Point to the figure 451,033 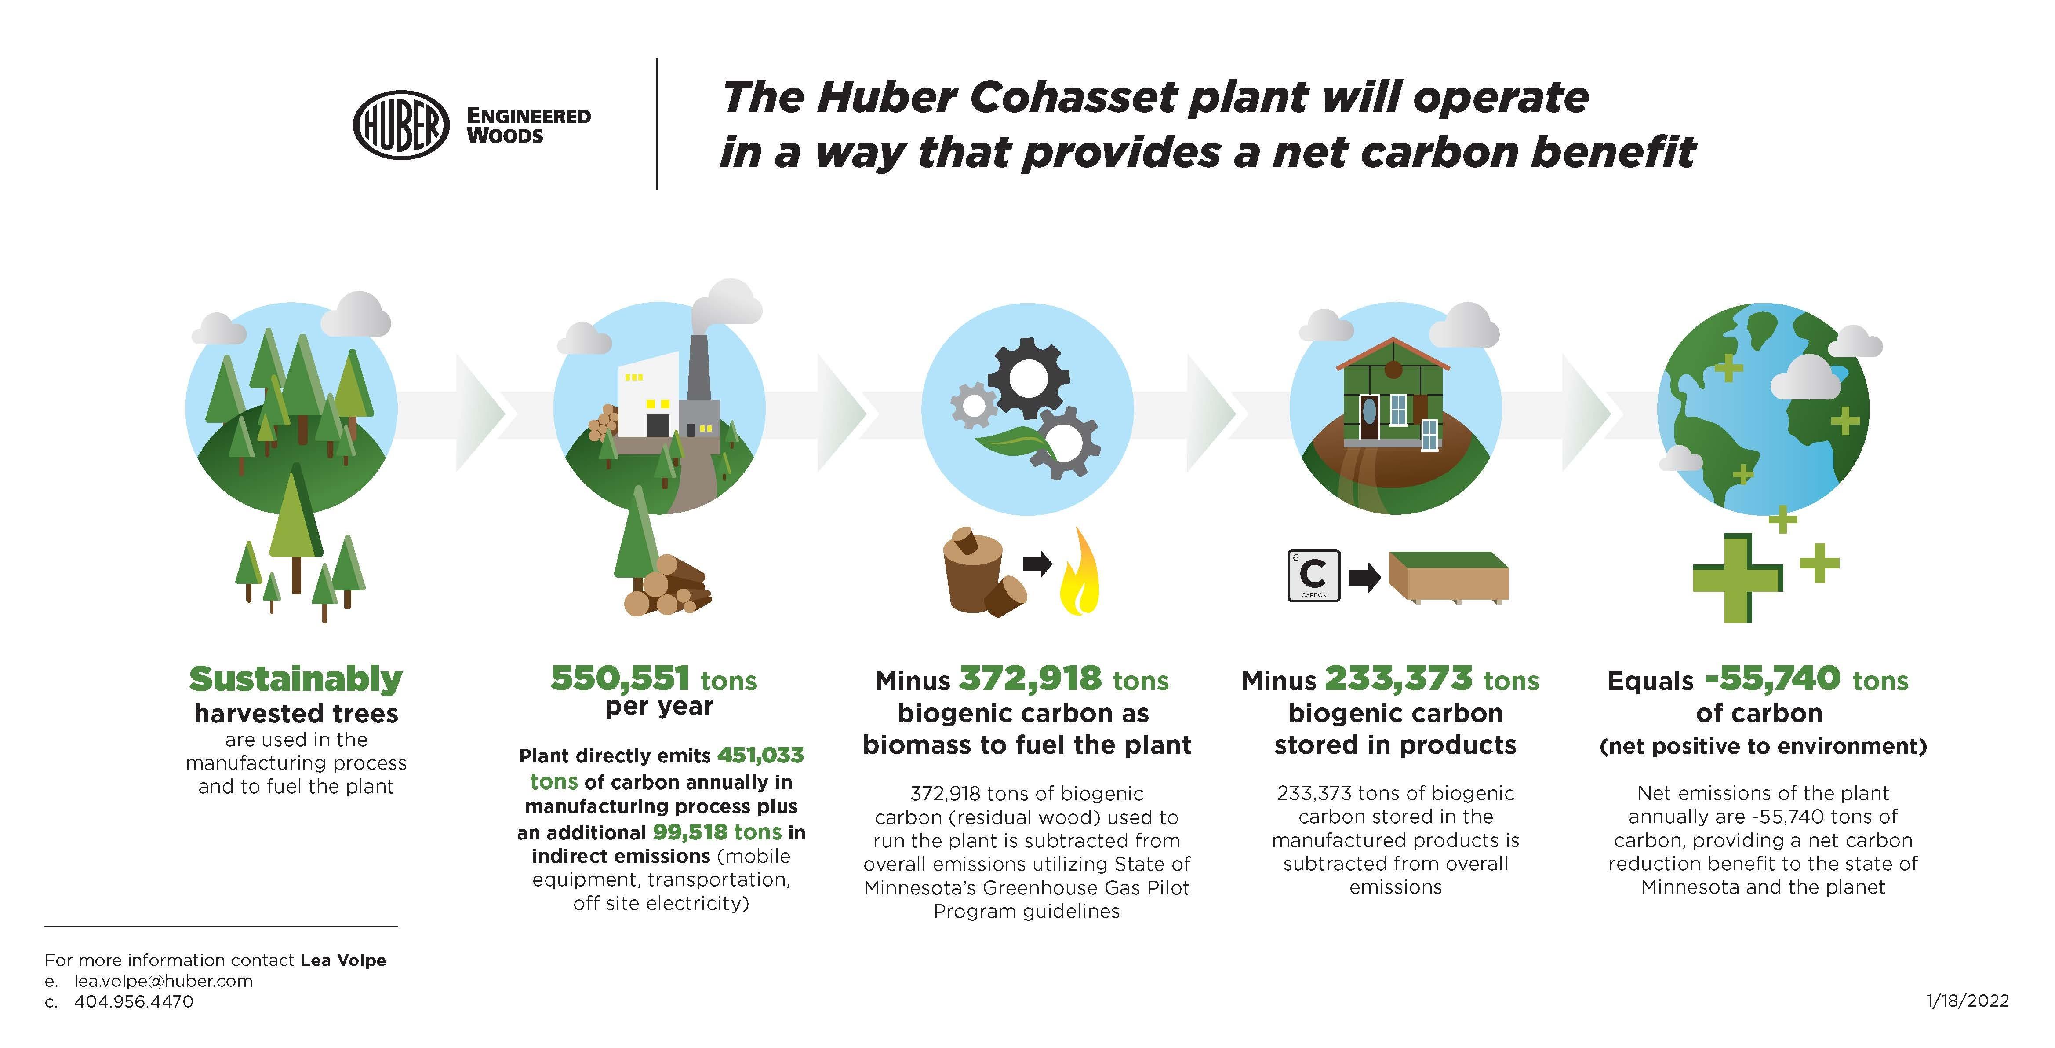coord(760,755)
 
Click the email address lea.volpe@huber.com coord(164,981)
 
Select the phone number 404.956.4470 coord(134,1002)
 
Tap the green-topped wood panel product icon coord(1449,576)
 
